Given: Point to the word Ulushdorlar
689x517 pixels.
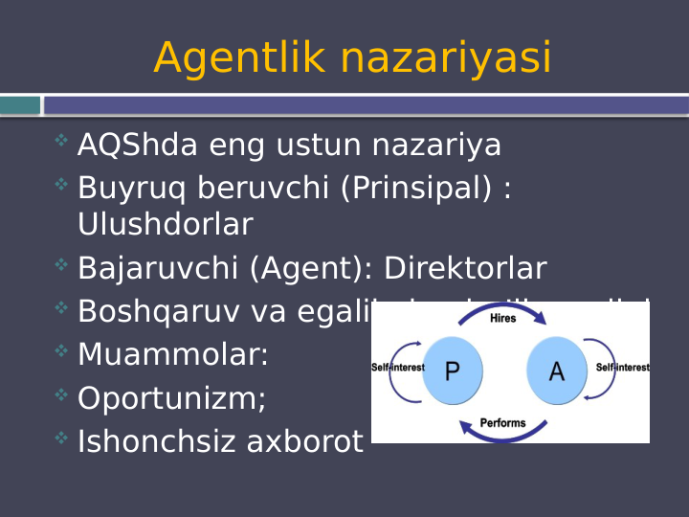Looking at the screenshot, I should tap(165, 225).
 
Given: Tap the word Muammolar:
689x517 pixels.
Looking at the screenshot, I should tap(173, 355).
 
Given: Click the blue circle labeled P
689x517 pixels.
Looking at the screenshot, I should tap(452, 371).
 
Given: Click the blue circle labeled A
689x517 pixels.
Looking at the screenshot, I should tap(556, 371).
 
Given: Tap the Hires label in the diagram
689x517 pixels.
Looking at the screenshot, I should tap(502, 318).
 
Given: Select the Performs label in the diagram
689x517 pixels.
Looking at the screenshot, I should tap(502, 422).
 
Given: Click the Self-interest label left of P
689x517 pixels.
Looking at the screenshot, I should tap(397, 368).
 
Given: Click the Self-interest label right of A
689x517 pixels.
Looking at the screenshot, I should tap(622, 368).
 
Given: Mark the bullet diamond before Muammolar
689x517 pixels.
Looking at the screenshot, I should tap(61, 351).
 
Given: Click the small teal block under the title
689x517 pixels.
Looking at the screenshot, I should tap(20, 105).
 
